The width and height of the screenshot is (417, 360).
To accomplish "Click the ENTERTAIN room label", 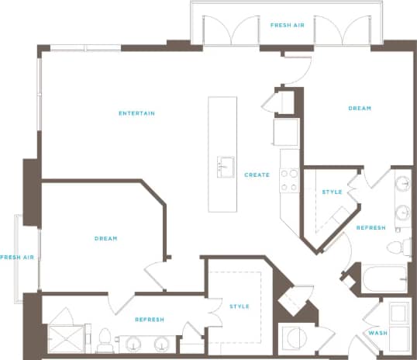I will (136, 114).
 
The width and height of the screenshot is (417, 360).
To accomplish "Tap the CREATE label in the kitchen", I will (257, 175).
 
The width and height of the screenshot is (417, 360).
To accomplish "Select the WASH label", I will (377, 333).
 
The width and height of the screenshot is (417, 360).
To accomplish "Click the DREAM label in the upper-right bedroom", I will (360, 108).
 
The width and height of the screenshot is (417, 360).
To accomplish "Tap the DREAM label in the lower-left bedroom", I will (105, 238).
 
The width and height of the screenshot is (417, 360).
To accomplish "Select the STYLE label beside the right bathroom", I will (332, 192).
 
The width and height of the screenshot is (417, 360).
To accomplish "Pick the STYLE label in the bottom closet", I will (240, 306).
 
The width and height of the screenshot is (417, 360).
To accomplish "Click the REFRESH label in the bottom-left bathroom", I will (149, 320).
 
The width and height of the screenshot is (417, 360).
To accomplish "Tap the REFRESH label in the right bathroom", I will (370, 228).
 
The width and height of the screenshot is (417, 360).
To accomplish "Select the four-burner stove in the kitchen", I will (289, 180).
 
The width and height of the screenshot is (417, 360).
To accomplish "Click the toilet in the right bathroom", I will (398, 247).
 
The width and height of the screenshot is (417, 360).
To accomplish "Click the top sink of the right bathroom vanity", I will (402, 185).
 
